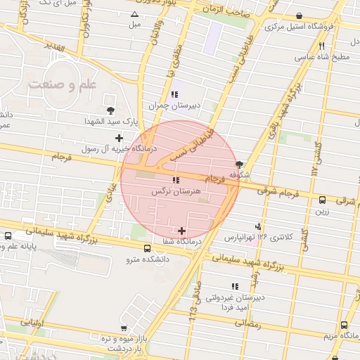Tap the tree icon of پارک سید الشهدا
coord(110,110)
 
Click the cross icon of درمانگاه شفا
coord(182,231)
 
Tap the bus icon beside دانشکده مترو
coord(147,247)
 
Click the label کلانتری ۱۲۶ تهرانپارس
coord(257,237)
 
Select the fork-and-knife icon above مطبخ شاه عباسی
coord(323,45)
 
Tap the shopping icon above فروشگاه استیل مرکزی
coord(300,16)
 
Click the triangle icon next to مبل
coord(134,14)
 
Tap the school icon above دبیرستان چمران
coord(173,94)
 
